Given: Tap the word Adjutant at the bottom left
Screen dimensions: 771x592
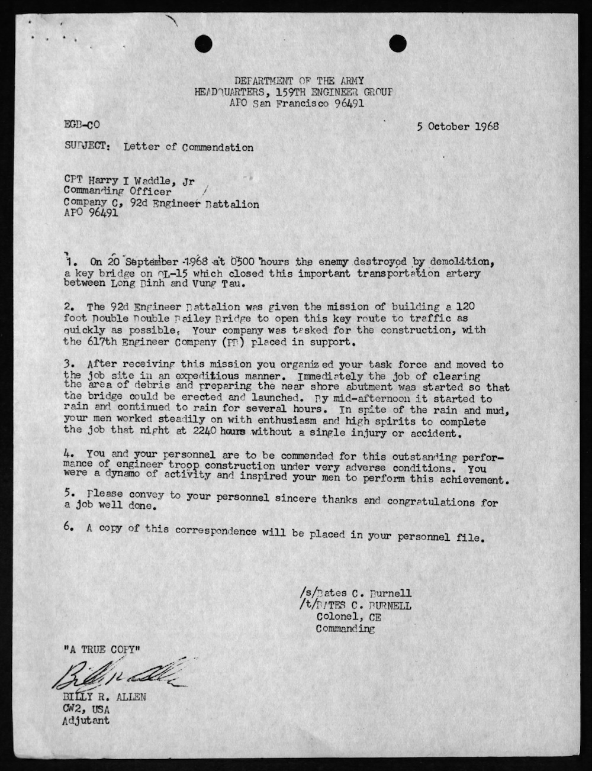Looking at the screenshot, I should coord(85,721).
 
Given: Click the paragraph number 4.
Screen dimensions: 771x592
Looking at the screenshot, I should coord(69,453).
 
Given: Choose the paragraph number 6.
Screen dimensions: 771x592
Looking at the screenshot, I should coord(69,527).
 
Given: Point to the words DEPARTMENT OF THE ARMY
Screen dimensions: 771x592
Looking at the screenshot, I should coord(299,80).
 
